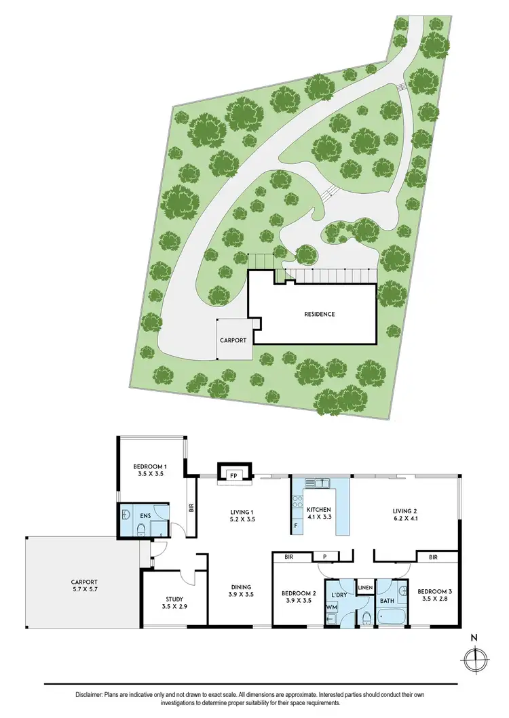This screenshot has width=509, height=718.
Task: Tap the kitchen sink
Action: pos(318,483)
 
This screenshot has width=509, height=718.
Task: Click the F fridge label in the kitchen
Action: pos(296,525)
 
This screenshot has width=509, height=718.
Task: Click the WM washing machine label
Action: pos(331,607)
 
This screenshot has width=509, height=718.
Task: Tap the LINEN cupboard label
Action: pos(365,587)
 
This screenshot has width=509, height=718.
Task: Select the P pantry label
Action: pos(325,557)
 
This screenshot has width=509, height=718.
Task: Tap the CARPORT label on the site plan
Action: pos(233,340)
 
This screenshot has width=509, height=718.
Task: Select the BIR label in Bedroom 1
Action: pos(191,505)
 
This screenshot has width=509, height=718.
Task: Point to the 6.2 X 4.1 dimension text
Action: pos(408,521)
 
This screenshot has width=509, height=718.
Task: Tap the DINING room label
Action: pos(240,587)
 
